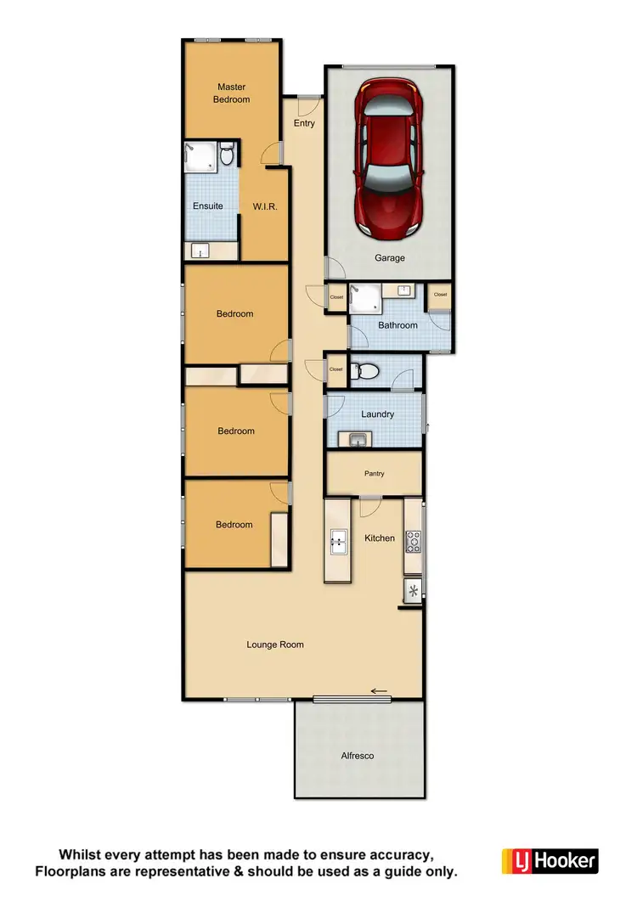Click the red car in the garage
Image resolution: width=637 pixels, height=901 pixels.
(390, 158)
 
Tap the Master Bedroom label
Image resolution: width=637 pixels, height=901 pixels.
(232, 93)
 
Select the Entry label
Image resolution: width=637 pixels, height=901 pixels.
(304, 123)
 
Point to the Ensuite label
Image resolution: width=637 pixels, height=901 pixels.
(208, 206)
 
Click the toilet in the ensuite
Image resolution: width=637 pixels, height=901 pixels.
(227, 156)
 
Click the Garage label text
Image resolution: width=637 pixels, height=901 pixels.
(390, 258)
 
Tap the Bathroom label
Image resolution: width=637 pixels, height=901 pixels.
(397, 325)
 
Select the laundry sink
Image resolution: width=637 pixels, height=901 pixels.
(355, 439)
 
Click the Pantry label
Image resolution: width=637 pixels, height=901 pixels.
(375, 474)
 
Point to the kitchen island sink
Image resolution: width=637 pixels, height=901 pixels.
(337, 540)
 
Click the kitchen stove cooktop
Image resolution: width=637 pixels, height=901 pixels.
(414, 540)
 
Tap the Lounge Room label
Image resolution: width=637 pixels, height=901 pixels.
(275, 645)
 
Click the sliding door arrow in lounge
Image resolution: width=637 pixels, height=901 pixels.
(379, 690)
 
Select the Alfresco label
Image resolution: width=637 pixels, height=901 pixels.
(358, 755)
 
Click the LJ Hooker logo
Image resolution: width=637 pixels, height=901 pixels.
(550, 860)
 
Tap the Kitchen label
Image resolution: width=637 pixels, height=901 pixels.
(380, 538)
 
